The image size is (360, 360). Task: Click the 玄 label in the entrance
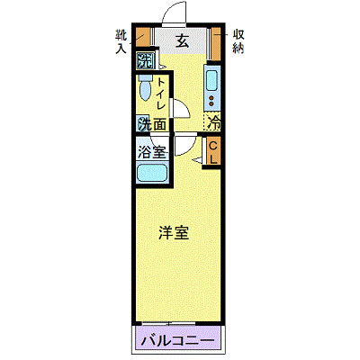pos(182,40)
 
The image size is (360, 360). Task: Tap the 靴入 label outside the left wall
pos(121,40)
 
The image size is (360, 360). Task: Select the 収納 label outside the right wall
pos(239,40)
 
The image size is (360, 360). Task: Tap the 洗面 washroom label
pos(150,124)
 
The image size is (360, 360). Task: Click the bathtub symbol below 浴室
pos(150,174)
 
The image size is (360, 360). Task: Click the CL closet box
pos(213,150)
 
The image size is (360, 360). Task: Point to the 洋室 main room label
pos(174,232)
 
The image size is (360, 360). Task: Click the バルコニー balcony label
pos(178,342)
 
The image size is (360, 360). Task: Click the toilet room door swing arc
pos(179,108)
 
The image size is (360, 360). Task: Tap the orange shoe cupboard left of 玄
pos(142,40)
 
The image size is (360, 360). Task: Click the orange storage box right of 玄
pos(217,40)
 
